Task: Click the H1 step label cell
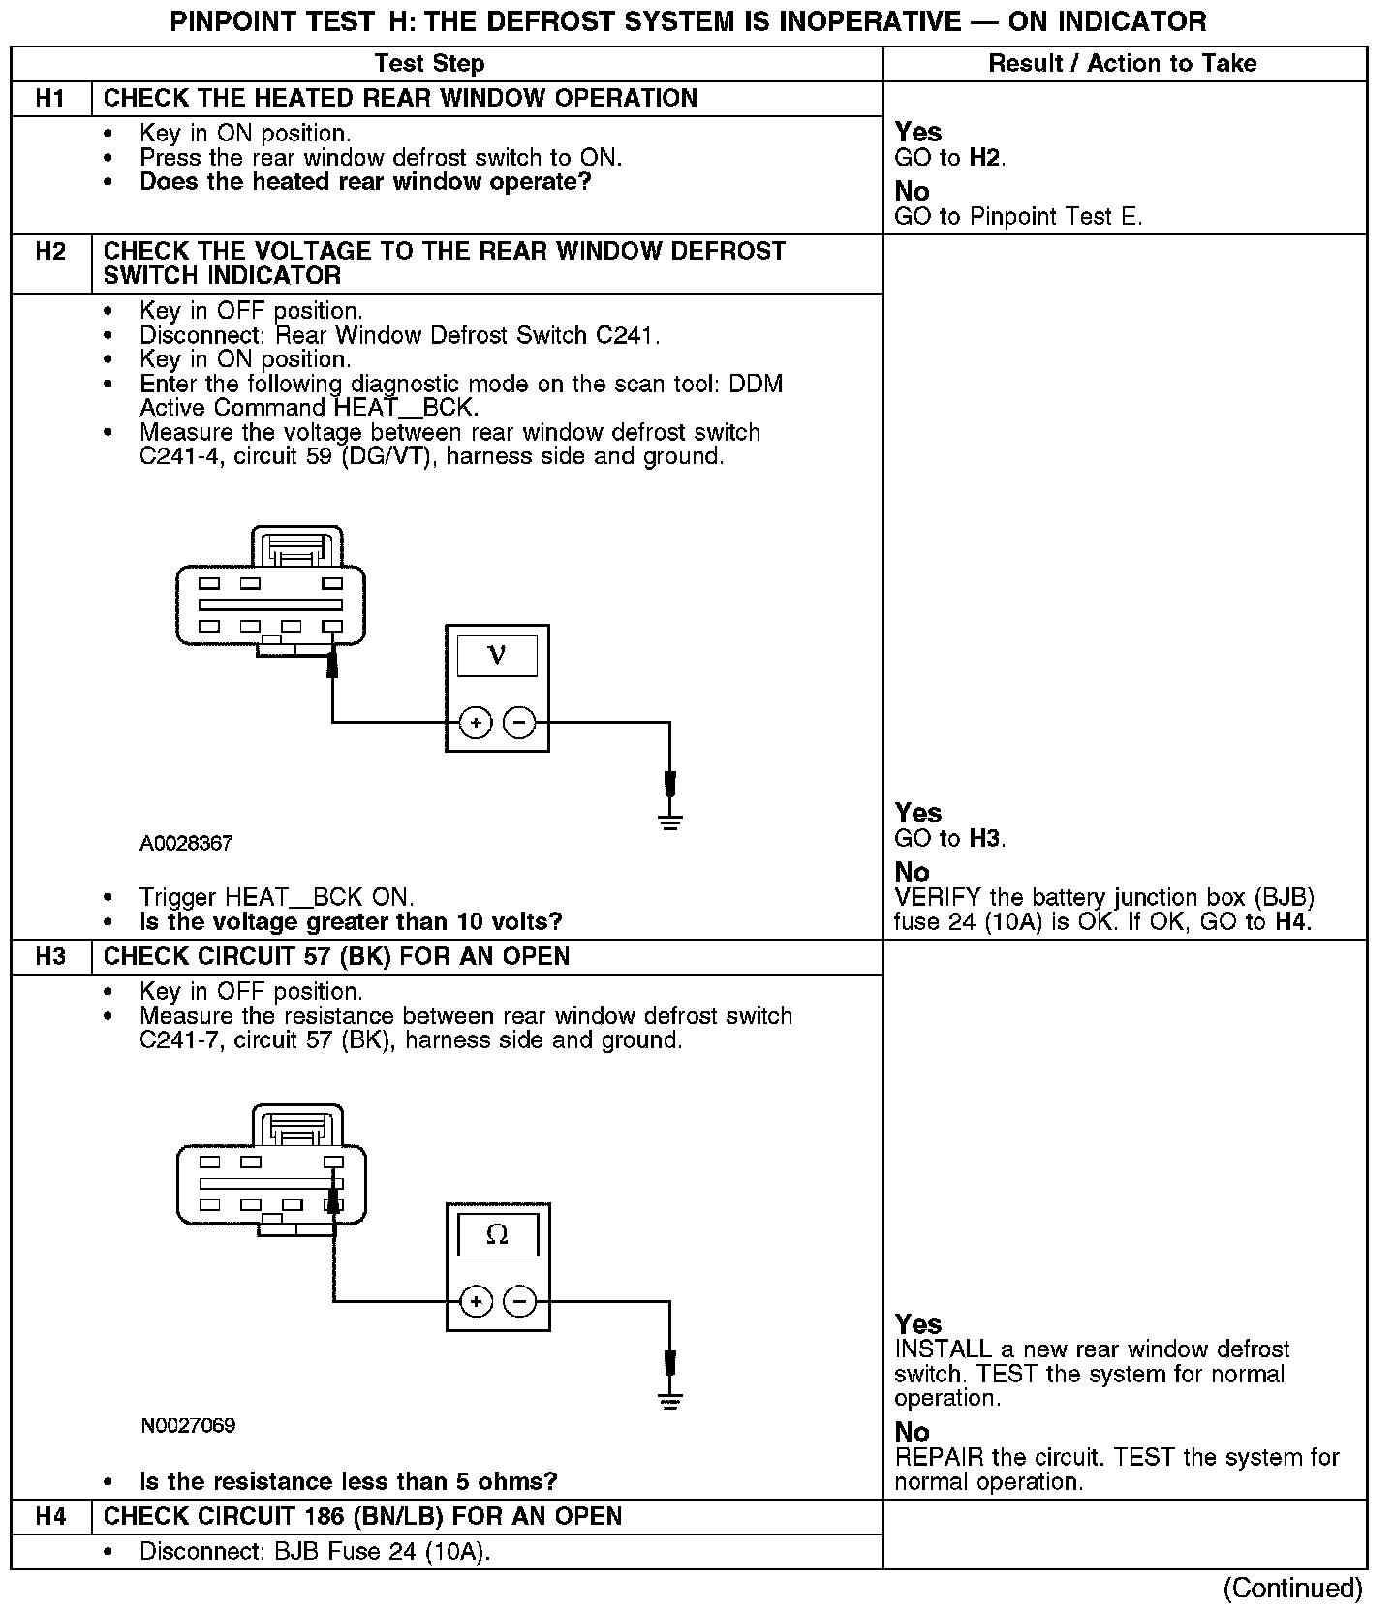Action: (50, 98)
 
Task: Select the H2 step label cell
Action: (50, 252)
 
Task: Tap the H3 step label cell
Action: (50, 956)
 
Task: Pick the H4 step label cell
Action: (50, 1516)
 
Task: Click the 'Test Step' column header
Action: (429, 64)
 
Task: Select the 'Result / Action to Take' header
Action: (1122, 64)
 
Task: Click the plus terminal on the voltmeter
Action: (476, 722)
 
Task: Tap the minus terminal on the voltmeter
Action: (520, 722)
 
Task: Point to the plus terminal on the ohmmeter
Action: (476, 1301)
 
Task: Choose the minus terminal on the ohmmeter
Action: (520, 1301)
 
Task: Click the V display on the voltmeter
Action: (497, 656)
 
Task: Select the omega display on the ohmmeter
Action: (497, 1234)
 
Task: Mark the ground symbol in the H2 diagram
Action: (669, 821)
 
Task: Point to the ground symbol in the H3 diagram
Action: (669, 1400)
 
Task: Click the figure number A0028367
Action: (186, 844)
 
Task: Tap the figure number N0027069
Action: (188, 1425)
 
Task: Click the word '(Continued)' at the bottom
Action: (1292, 1588)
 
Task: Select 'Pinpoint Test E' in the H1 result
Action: (1055, 217)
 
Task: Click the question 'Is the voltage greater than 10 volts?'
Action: (351, 921)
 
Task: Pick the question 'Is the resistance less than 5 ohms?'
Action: (349, 1481)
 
